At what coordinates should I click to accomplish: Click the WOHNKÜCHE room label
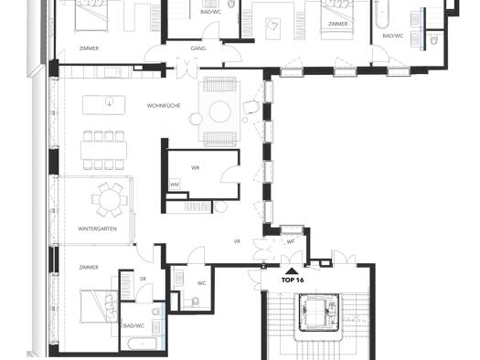(x=164, y=106)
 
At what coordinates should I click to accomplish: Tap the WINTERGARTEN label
(x=97, y=228)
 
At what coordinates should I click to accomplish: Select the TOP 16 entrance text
(x=293, y=280)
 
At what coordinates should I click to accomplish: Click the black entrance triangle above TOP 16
(x=292, y=270)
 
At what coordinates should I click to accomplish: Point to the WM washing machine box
(x=175, y=185)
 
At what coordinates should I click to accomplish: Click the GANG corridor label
(x=198, y=48)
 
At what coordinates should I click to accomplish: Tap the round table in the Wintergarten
(x=110, y=200)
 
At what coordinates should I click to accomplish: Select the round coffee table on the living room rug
(x=219, y=111)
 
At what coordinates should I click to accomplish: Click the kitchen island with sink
(x=104, y=105)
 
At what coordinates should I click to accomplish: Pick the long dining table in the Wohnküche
(x=104, y=151)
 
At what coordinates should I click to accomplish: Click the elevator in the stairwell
(x=319, y=312)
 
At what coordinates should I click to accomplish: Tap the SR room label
(x=143, y=279)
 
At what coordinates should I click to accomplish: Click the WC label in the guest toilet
(x=201, y=283)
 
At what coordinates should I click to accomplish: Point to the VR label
(x=237, y=241)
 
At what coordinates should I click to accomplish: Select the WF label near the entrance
(x=291, y=241)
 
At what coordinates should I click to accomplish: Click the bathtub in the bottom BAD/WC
(x=143, y=344)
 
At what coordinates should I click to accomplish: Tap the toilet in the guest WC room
(x=195, y=302)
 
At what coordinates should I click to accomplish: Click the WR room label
(x=195, y=167)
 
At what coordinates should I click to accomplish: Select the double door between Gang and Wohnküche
(x=187, y=68)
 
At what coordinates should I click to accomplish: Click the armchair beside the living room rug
(x=251, y=107)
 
